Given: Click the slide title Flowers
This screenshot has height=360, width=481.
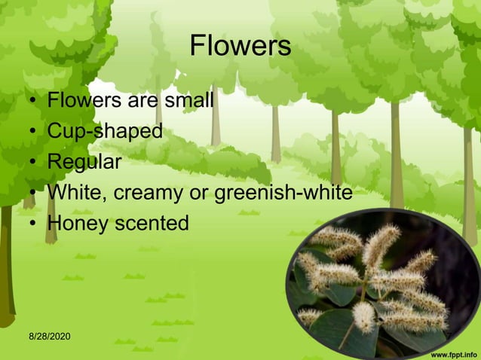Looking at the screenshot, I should click(240, 47).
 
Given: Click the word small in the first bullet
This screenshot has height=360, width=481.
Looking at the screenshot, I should click(186, 100).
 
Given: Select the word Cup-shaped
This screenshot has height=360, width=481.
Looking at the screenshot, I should click(105, 131).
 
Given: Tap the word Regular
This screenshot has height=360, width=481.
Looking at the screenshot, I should click(84, 162).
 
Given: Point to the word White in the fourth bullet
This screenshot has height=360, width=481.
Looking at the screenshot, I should click(78, 193).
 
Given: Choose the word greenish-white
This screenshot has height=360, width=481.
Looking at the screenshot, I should click(283, 193).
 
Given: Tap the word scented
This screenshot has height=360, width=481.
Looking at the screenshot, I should click(153, 224).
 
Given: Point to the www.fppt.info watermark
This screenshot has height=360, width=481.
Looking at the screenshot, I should click(453, 352).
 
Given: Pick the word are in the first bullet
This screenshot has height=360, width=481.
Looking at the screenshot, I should click(137, 100).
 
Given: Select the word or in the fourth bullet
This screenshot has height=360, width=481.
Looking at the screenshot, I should click(199, 194).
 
